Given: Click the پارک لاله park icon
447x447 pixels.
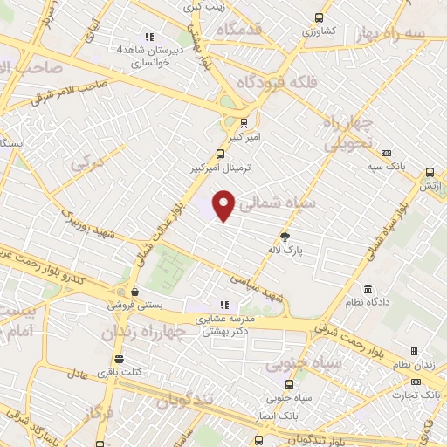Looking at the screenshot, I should pos(285,236).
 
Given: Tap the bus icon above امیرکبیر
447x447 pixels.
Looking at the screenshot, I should pos(244,123).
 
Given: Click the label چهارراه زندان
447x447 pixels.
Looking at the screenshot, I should pos(143,332).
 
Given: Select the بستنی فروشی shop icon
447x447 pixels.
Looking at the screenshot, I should pos(134,292).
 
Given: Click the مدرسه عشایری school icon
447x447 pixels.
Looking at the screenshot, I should pos(224,305).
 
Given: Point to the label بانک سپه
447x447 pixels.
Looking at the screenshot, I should pos(385,166).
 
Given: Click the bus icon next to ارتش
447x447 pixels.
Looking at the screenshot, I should pos(429,173).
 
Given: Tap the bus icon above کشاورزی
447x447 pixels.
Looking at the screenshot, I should pos(319,17).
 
